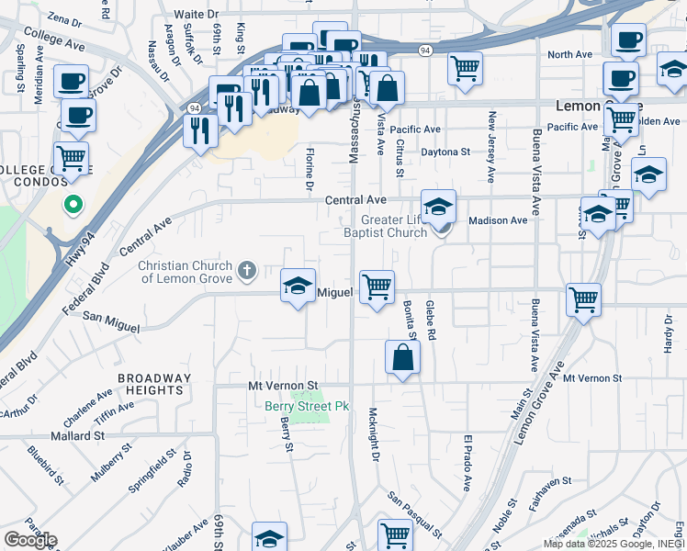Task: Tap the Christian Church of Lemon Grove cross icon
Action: point(246,271)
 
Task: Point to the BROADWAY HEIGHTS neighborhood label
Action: point(155,384)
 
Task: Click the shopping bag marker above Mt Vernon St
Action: point(402,357)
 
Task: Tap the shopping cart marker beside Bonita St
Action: point(377,287)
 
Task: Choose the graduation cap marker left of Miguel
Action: point(298,287)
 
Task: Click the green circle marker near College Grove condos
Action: point(72,205)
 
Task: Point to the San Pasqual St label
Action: point(415,513)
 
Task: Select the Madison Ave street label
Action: point(498,220)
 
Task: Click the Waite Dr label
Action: point(197,15)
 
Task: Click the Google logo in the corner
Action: point(30,539)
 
